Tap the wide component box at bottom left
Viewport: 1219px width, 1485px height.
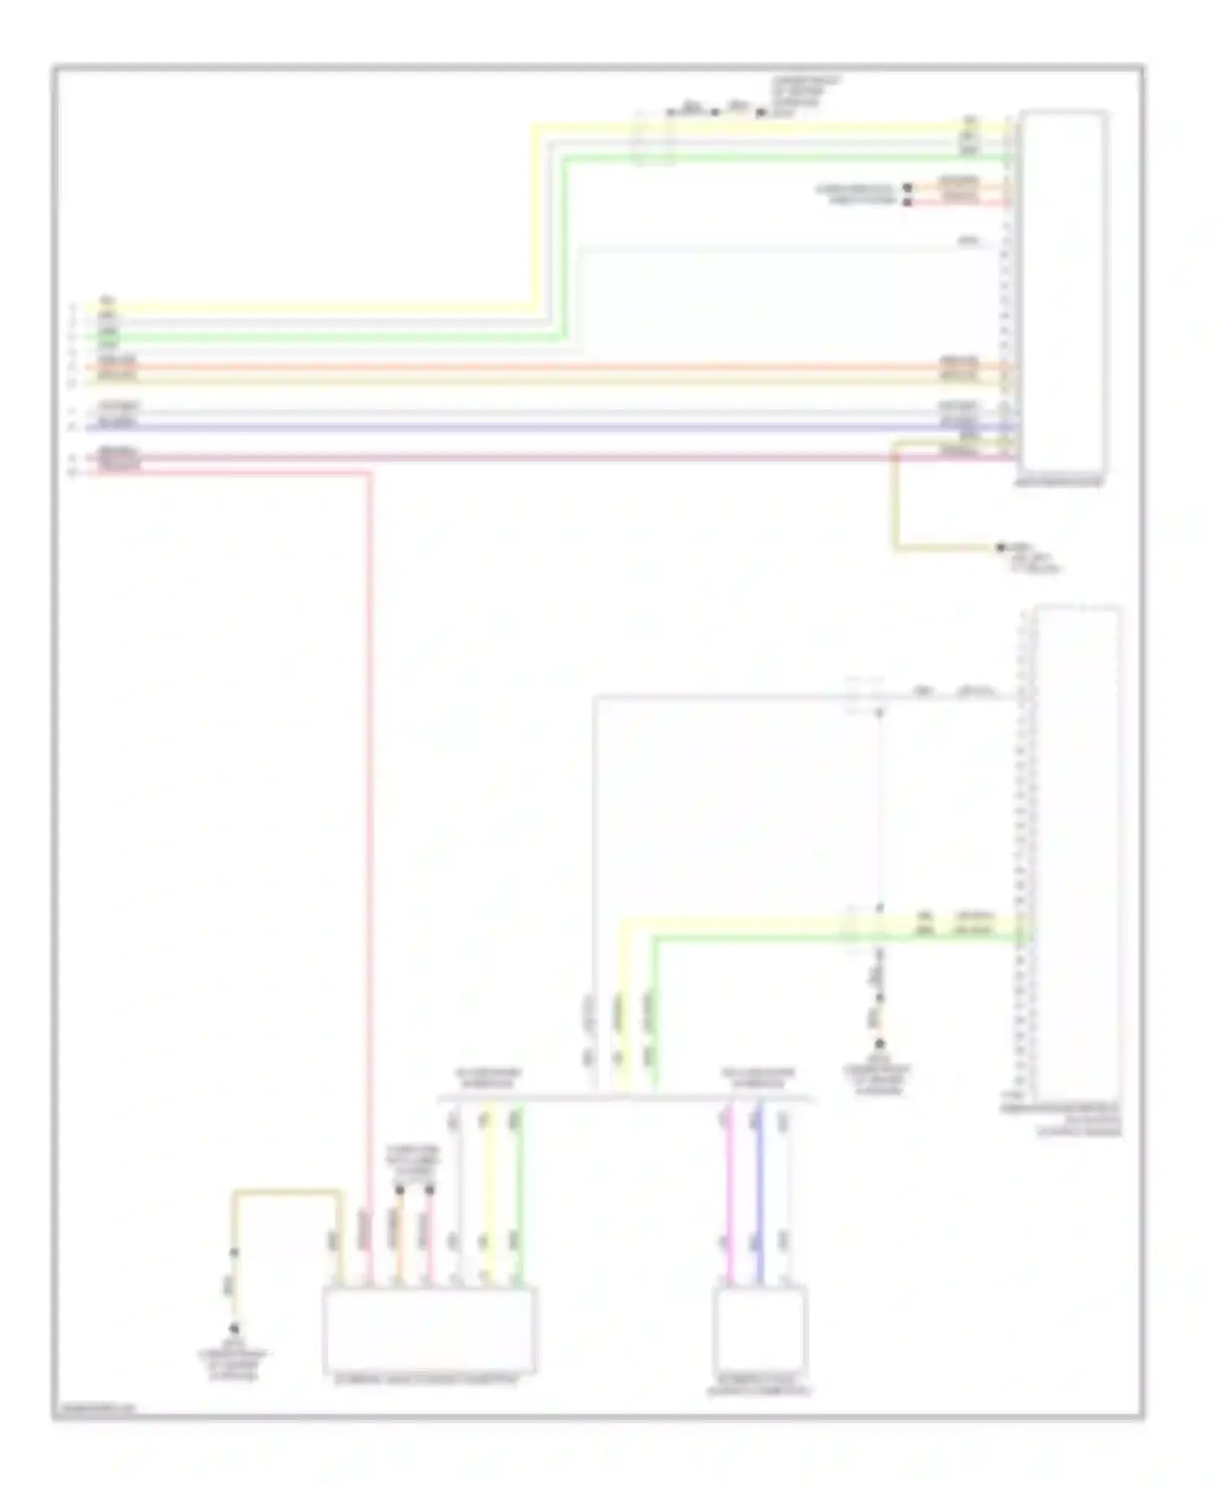point(429,1329)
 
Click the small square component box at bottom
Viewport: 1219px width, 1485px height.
point(760,1329)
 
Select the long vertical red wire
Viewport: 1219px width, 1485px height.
point(369,812)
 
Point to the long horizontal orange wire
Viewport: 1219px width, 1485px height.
point(536,367)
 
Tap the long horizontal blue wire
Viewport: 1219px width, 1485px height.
point(536,426)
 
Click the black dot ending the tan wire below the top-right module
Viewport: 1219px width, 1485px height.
point(1000,548)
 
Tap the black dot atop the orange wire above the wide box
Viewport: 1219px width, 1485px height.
point(399,1190)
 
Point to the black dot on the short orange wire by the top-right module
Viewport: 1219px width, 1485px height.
point(908,188)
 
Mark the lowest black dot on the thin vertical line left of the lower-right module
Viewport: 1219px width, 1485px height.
point(878,1044)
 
